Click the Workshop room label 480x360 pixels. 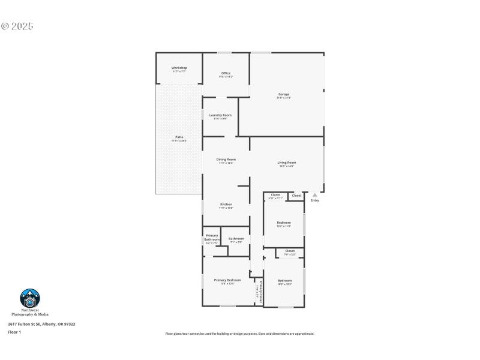[179, 68]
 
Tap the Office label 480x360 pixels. [226, 73]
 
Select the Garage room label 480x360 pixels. [284, 94]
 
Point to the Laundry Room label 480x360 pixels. [220, 115]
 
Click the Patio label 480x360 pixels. [179, 137]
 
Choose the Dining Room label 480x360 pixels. [226, 160]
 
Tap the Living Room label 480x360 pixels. [287, 163]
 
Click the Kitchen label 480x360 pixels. [226, 204]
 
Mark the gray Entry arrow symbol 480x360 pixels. [314, 195]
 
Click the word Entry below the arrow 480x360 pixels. [314, 200]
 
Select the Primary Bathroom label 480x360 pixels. [212, 238]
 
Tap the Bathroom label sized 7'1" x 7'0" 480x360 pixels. [236, 238]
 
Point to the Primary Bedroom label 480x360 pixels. [227, 280]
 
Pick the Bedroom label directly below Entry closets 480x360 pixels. [284, 223]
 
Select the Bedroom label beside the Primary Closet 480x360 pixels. [284, 281]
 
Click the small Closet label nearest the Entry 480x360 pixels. [296, 195]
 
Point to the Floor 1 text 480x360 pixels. [14, 332]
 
